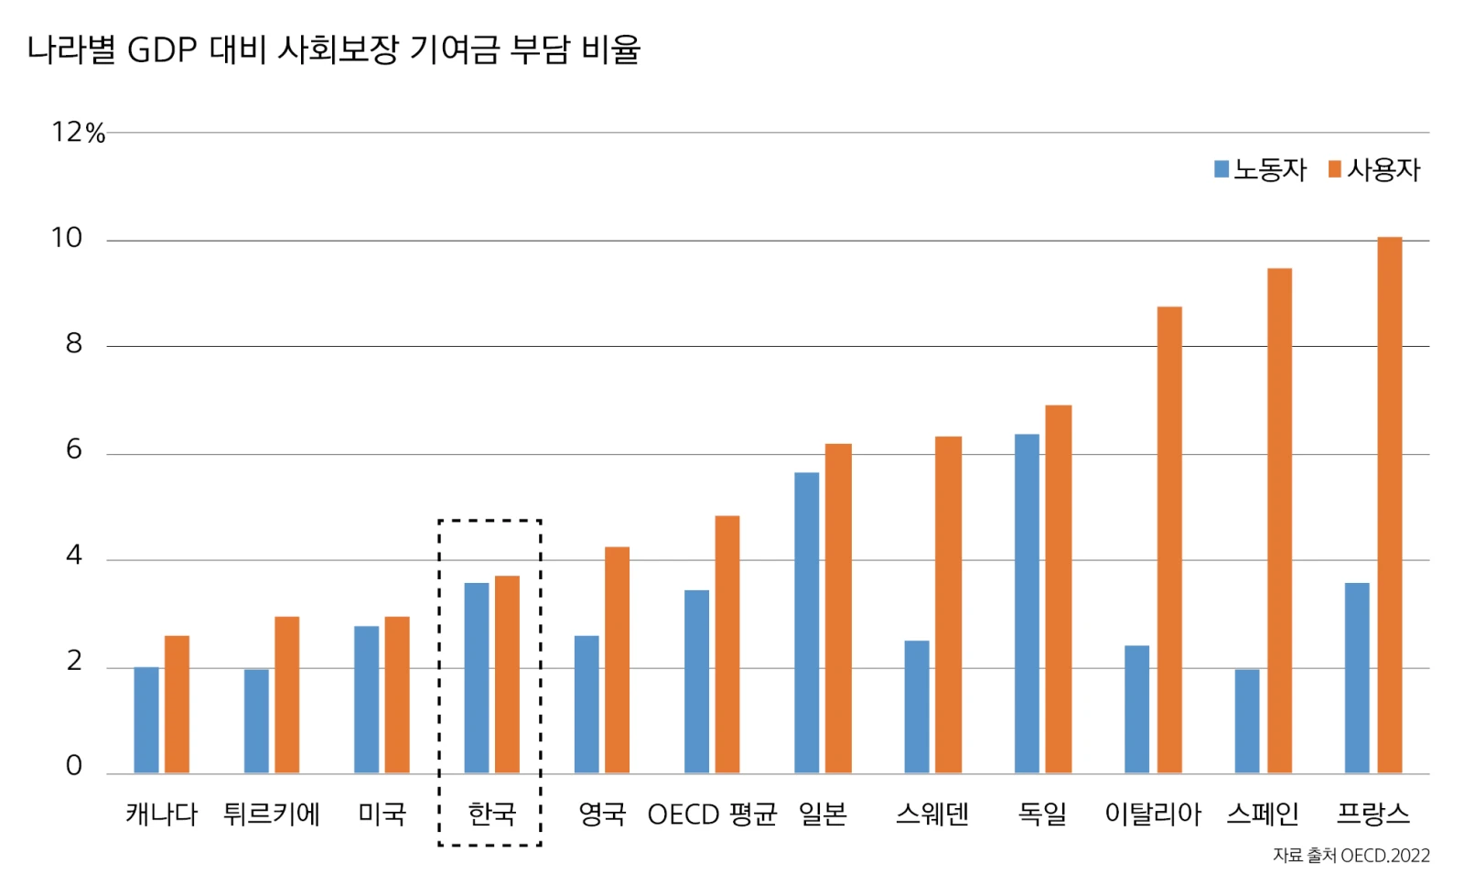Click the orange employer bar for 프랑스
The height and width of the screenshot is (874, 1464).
[x=1389, y=505]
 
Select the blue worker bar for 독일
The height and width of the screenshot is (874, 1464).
[x=1027, y=604]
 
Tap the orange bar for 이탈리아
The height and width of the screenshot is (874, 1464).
[x=1169, y=540]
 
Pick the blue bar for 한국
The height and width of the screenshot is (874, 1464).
[x=477, y=678]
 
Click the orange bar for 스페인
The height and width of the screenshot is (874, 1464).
[x=1279, y=521]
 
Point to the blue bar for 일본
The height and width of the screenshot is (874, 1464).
[x=807, y=623]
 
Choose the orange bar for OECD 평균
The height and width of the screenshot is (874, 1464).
[x=727, y=645]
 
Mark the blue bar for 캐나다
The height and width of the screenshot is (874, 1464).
[x=146, y=720]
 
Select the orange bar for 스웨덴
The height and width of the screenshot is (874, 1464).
[x=948, y=605]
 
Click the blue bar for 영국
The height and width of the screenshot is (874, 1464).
[x=587, y=705]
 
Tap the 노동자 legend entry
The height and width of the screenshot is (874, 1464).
[x=1260, y=169]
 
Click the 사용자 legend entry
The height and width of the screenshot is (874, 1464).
[x=1374, y=169]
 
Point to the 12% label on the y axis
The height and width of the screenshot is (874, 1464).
[x=78, y=133]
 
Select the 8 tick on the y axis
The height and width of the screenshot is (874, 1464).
[x=74, y=344]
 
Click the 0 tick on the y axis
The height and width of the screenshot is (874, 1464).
[x=74, y=766]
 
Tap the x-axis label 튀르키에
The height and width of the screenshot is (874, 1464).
[x=272, y=814]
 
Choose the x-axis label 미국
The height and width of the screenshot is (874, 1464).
[x=382, y=814]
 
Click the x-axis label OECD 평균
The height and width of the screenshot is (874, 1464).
[x=712, y=814]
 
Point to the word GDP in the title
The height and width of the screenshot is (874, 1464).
[x=162, y=49]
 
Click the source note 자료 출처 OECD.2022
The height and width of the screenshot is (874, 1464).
[x=1351, y=856]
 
